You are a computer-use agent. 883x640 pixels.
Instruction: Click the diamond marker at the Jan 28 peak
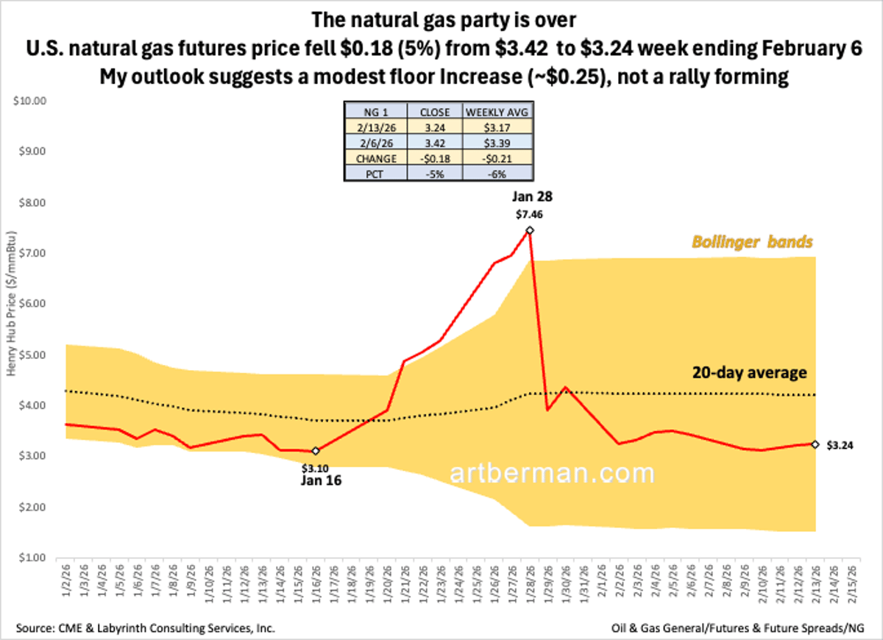coord(529,230)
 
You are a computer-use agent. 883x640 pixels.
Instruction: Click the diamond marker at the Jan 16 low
coord(316,451)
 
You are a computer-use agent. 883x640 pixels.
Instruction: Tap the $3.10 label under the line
coord(316,466)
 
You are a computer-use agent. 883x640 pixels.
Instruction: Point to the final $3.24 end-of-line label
coord(841,444)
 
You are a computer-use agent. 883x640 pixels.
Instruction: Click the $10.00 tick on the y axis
coord(30,101)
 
